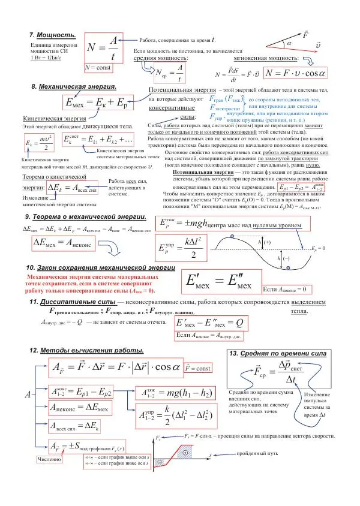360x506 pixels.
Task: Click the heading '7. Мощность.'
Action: point(53,35)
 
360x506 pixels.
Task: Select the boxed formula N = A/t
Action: point(103,47)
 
